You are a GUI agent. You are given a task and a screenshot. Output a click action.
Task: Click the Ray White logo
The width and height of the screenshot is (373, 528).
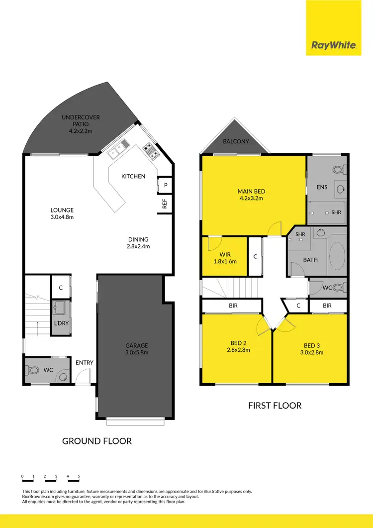(334, 45)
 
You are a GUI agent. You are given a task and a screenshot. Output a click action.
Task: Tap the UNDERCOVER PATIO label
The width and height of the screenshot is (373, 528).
(81, 121)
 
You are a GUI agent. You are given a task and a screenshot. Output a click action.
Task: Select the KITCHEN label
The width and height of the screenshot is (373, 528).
(133, 176)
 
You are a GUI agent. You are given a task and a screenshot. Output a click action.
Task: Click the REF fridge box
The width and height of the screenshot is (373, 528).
(165, 204)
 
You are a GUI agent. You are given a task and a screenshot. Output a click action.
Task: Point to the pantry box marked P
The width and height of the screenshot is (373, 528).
(165, 185)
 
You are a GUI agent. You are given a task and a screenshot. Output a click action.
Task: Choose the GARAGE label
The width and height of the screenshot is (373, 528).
(136, 349)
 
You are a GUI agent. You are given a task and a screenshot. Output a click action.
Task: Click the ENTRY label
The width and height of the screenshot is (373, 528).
(84, 363)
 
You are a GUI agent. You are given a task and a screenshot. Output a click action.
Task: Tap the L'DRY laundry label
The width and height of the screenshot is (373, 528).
(61, 323)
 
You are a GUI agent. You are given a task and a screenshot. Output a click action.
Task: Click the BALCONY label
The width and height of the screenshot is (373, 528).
(236, 141)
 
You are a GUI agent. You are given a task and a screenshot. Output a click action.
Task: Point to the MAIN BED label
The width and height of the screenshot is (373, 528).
(251, 195)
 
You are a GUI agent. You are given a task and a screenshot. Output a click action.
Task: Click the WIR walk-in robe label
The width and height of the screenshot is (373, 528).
(224, 258)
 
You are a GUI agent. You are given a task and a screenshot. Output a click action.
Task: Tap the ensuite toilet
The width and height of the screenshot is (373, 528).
(338, 170)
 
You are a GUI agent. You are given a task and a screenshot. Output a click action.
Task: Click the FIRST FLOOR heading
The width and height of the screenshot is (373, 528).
(275, 406)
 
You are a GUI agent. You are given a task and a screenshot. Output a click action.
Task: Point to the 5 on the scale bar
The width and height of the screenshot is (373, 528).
(79, 476)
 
